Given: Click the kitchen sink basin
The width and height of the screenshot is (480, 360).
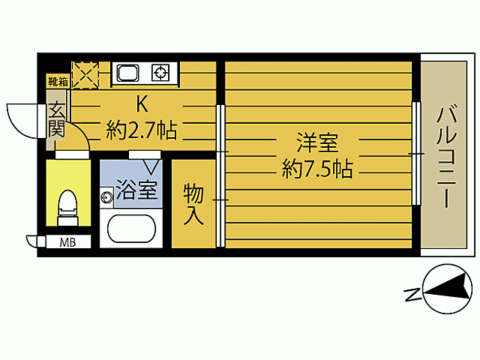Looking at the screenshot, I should pyautogui.click(x=127, y=73).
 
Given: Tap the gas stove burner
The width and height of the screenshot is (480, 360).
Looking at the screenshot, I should pyautogui.click(x=160, y=73).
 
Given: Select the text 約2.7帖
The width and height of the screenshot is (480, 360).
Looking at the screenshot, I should pyautogui.click(x=142, y=131).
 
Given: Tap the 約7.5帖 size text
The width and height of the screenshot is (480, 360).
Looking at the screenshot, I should pyautogui.click(x=316, y=169).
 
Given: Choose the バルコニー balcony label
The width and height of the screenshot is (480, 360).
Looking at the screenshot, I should pyautogui.click(x=447, y=157).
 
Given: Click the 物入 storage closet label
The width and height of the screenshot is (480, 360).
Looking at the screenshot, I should pyautogui.click(x=193, y=204).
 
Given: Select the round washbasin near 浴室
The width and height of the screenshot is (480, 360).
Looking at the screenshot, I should pyautogui.click(x=106, y=197).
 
